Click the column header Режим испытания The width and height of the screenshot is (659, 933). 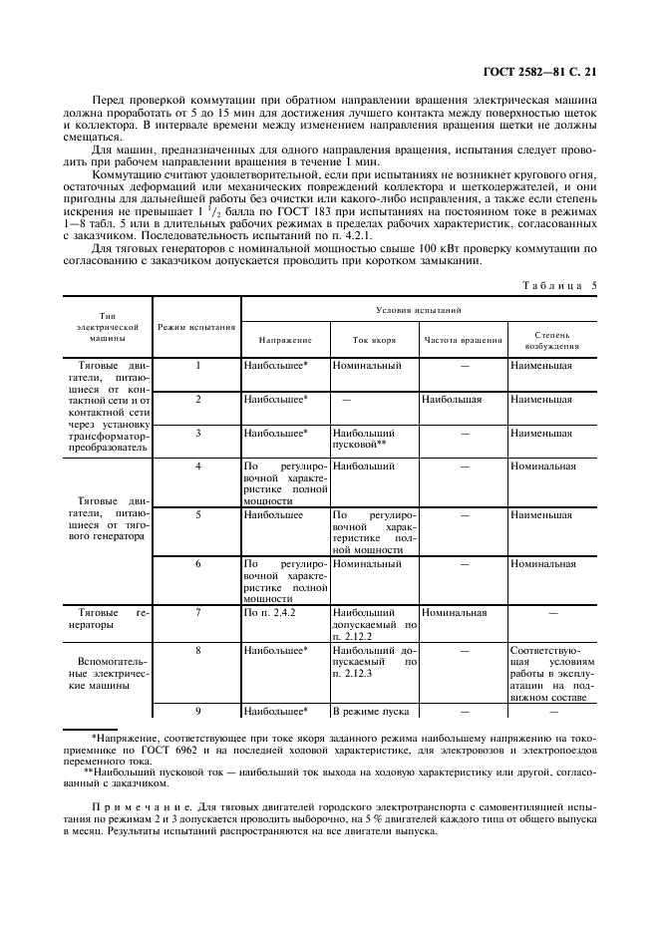197,326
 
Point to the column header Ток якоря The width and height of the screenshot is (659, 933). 374,340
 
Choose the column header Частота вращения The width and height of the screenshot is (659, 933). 463,340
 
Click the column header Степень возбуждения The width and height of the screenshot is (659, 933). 551,340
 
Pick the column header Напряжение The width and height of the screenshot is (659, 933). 285,340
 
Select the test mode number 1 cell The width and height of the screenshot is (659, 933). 197,365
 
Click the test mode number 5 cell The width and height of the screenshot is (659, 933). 197,515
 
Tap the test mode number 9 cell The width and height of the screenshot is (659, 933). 197,712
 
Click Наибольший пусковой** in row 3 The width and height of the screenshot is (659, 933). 365,440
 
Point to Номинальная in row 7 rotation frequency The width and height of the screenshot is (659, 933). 455,613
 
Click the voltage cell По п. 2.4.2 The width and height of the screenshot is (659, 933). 264,613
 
